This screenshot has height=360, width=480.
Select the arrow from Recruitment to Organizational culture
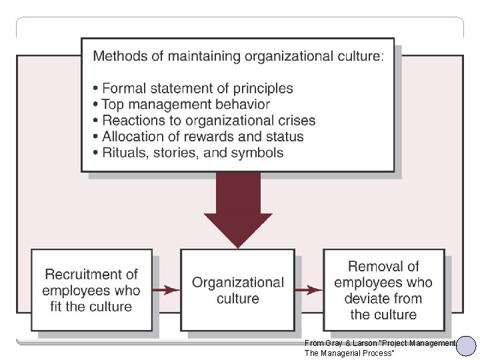click(166, 290)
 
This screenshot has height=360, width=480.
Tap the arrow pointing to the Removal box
click(309, 290)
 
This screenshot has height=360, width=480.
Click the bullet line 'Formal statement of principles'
click(197, 88)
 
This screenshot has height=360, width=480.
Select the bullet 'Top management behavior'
click(185, 104)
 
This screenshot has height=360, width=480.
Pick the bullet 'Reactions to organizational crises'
click(209, 121)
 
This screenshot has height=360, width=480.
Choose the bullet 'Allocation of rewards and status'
click(203, 137)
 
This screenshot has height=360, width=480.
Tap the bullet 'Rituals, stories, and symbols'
click(193, 153)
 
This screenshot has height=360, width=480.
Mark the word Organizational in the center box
click(238, 283)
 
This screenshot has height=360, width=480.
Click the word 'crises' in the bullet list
click(296, 121)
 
